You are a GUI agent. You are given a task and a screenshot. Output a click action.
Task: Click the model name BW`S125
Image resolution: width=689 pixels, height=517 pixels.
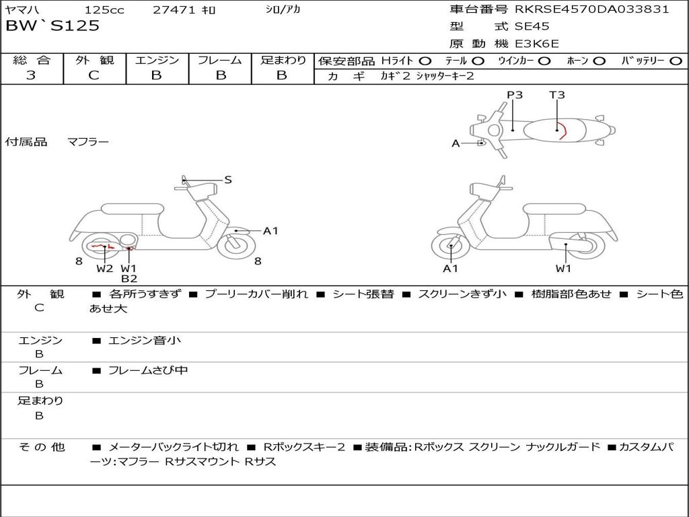coord(52,26)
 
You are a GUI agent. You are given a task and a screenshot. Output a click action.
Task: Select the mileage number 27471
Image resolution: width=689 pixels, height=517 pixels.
coord(174,9)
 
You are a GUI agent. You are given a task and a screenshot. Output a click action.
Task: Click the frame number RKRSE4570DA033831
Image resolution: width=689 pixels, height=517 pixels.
coord(592,9)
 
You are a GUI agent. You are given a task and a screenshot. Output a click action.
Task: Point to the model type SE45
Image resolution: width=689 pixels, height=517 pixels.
coord(532,26)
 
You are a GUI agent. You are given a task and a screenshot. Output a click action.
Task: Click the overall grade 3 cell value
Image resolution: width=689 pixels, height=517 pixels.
coord(31,75)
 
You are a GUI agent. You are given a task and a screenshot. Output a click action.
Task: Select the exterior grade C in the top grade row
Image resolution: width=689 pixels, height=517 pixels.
coord(94,75)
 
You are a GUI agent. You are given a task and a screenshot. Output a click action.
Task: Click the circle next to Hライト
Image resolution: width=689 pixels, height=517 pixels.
coord(425,61)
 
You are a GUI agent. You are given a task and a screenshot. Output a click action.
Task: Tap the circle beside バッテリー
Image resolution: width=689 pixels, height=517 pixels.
coord(676,61)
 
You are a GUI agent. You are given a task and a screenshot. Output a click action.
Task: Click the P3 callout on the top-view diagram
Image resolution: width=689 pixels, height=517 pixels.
coord(515,95)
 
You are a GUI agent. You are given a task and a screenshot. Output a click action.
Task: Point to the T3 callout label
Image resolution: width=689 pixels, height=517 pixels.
coord(556,95)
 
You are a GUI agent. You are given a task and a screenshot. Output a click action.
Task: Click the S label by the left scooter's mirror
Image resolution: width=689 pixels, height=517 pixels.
coord(227,180)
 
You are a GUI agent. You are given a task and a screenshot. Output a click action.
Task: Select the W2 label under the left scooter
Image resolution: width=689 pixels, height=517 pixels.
coord(105,268)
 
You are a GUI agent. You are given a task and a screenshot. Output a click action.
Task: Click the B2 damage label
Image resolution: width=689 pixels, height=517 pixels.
coord(129,278)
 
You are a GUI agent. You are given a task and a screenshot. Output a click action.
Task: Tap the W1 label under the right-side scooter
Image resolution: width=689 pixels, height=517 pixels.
coord(563,268)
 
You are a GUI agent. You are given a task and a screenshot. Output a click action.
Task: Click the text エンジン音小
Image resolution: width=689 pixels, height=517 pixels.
coord(144,340)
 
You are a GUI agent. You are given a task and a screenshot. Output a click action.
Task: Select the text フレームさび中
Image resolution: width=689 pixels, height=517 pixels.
coord(148,371)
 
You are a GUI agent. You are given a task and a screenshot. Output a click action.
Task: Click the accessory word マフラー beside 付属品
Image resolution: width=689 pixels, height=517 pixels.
coord(88,142)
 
